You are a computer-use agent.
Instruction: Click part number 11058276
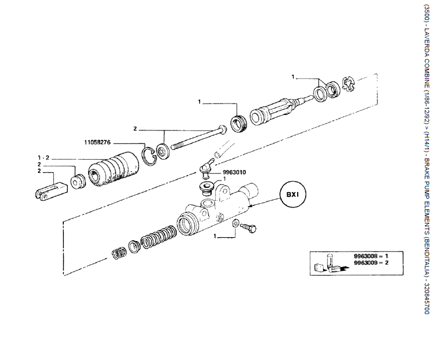click(x=98, y=142)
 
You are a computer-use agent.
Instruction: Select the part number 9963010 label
click(x=234, y=172)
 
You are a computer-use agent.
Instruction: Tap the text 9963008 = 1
click(x=371, y=256)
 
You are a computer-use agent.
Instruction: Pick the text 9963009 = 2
click(x=371, y=263)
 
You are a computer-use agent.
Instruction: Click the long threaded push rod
click(x=198, y=139)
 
